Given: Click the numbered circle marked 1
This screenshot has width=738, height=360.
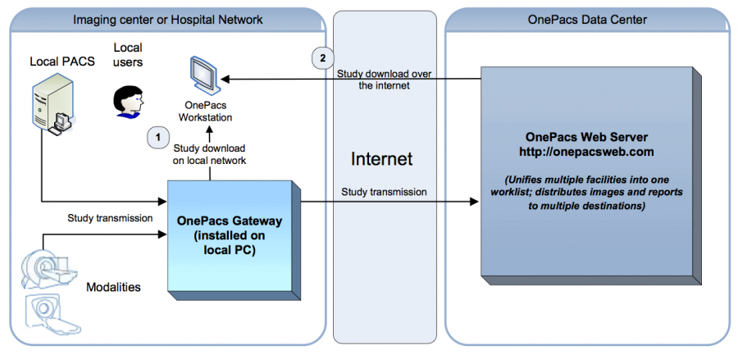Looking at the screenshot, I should coord(157,137).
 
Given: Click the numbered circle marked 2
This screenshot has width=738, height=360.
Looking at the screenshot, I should coord(323,57).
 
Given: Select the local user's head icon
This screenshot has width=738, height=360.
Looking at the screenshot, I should coord(127,103).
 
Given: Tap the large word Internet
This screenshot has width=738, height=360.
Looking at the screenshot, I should coord(381,158).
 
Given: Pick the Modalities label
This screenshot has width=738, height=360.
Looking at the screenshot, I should coord(114,287).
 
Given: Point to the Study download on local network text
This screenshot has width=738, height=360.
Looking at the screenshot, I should coord(210,154).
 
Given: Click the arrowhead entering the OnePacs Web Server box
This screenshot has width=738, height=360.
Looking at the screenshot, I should coord(475,202).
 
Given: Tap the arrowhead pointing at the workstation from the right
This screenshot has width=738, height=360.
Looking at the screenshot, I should coord(224,79).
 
